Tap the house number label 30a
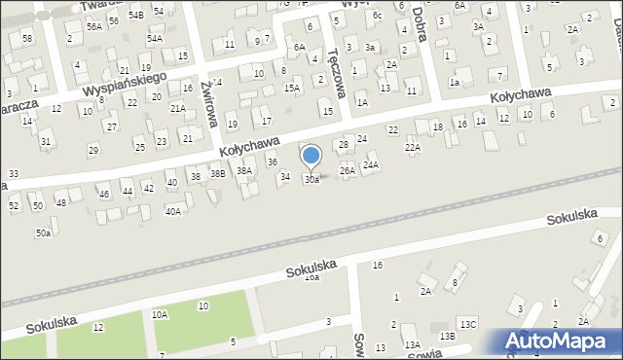pos(311,180)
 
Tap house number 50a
pos(44,234)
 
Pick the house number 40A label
pos(173,211)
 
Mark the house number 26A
pos(348,170)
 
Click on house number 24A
pos(371,165)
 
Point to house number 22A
pos(413,148)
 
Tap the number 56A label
pos(93,27)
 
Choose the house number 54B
pos(135,16)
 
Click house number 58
pos(27,38)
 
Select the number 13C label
pos(469,324)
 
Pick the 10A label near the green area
pos(160,314)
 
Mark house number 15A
pos(291,88)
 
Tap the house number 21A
pos(178,108)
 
